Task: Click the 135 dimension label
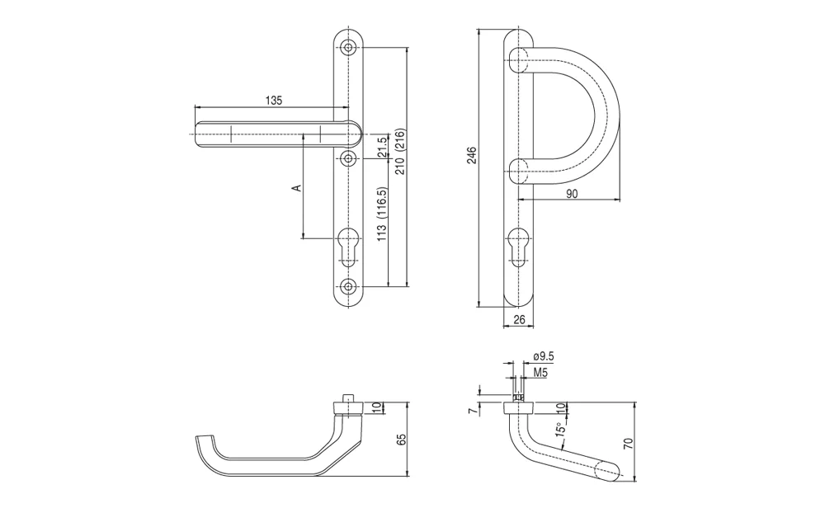point(274,100)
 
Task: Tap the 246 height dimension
point(472,156)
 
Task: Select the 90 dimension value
point(572,194)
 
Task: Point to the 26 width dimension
point(519,319)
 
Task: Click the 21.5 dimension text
point(383,147)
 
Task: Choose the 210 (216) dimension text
point(401,152)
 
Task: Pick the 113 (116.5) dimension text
point(383,214)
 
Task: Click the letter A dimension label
point(297,187)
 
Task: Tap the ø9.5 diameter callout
point(544,356)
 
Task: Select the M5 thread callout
point(540,372)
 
